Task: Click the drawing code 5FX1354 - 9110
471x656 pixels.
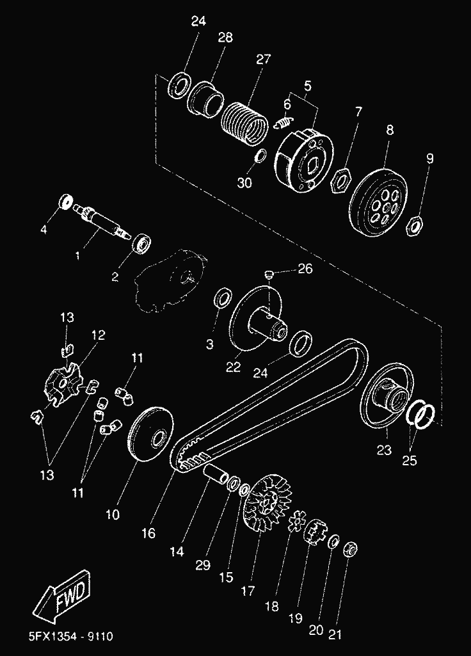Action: click(x=71, y=637)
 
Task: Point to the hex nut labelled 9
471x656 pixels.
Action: click(x=413, y=225)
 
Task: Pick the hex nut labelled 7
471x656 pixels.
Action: click(x=339, y=180)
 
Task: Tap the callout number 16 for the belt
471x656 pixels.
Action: click(x=148, y=532)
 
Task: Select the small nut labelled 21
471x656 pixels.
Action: click(x=351, y=549)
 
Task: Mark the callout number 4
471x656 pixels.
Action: click(x=44, y=229)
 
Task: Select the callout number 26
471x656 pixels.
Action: click(x=305, y=269)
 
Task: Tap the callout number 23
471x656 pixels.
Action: click(x=383, y=450)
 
